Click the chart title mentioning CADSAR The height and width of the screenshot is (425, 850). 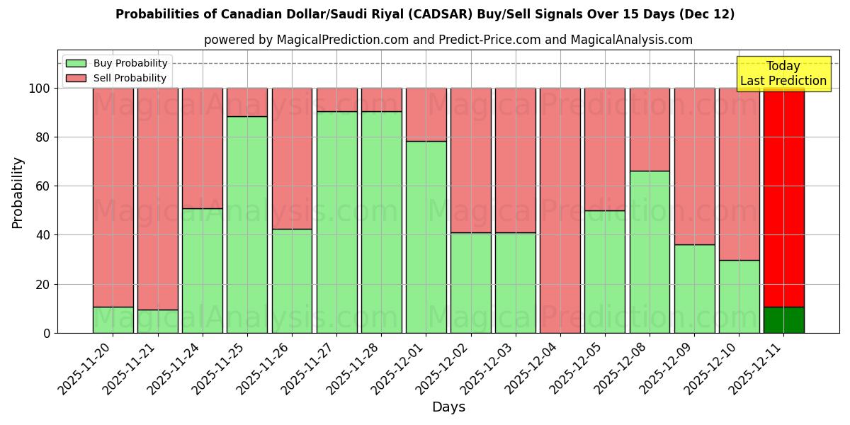click(425, 14)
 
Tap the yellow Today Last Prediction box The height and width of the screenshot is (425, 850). click(783, 74)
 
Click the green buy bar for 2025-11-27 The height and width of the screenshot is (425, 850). click(336, 222)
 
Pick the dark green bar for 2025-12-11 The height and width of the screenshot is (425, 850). click(783, 319)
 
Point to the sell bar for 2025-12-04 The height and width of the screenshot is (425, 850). click(560, 210)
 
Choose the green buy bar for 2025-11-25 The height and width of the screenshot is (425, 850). click(247, 225)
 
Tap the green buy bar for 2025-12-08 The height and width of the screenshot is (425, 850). click(650, 251)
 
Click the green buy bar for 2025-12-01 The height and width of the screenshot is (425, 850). click(426, 237)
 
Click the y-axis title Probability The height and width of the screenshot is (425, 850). click(18, 193)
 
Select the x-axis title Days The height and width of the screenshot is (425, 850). click(448, 407)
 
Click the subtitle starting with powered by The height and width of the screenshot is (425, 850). click(448, 40)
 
